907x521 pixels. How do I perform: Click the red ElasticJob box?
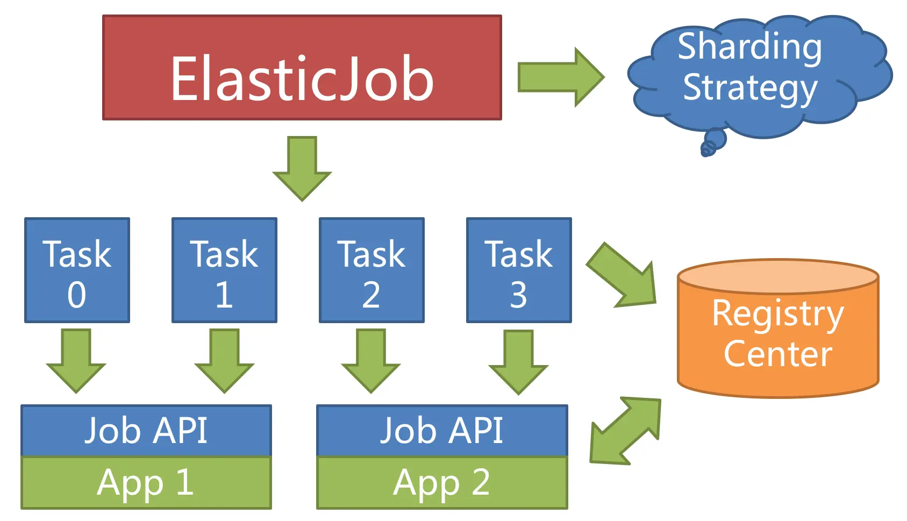click(x=302, y=67)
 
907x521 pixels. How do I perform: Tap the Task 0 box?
click(x=77, y=270)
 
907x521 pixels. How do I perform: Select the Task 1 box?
click(x=224, y=270)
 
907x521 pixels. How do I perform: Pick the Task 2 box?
click(x=372, y=270)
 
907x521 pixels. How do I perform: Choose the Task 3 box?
click(x=519, y=270)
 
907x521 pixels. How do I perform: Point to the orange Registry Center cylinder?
click(x=777, y=333)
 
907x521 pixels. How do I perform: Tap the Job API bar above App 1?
click(x=146, y=430)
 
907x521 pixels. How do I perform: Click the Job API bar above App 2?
click(x=442, y=430)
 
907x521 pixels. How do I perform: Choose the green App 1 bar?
click(x=146, y=482)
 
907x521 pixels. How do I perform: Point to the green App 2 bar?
click(x=442, y=482)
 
